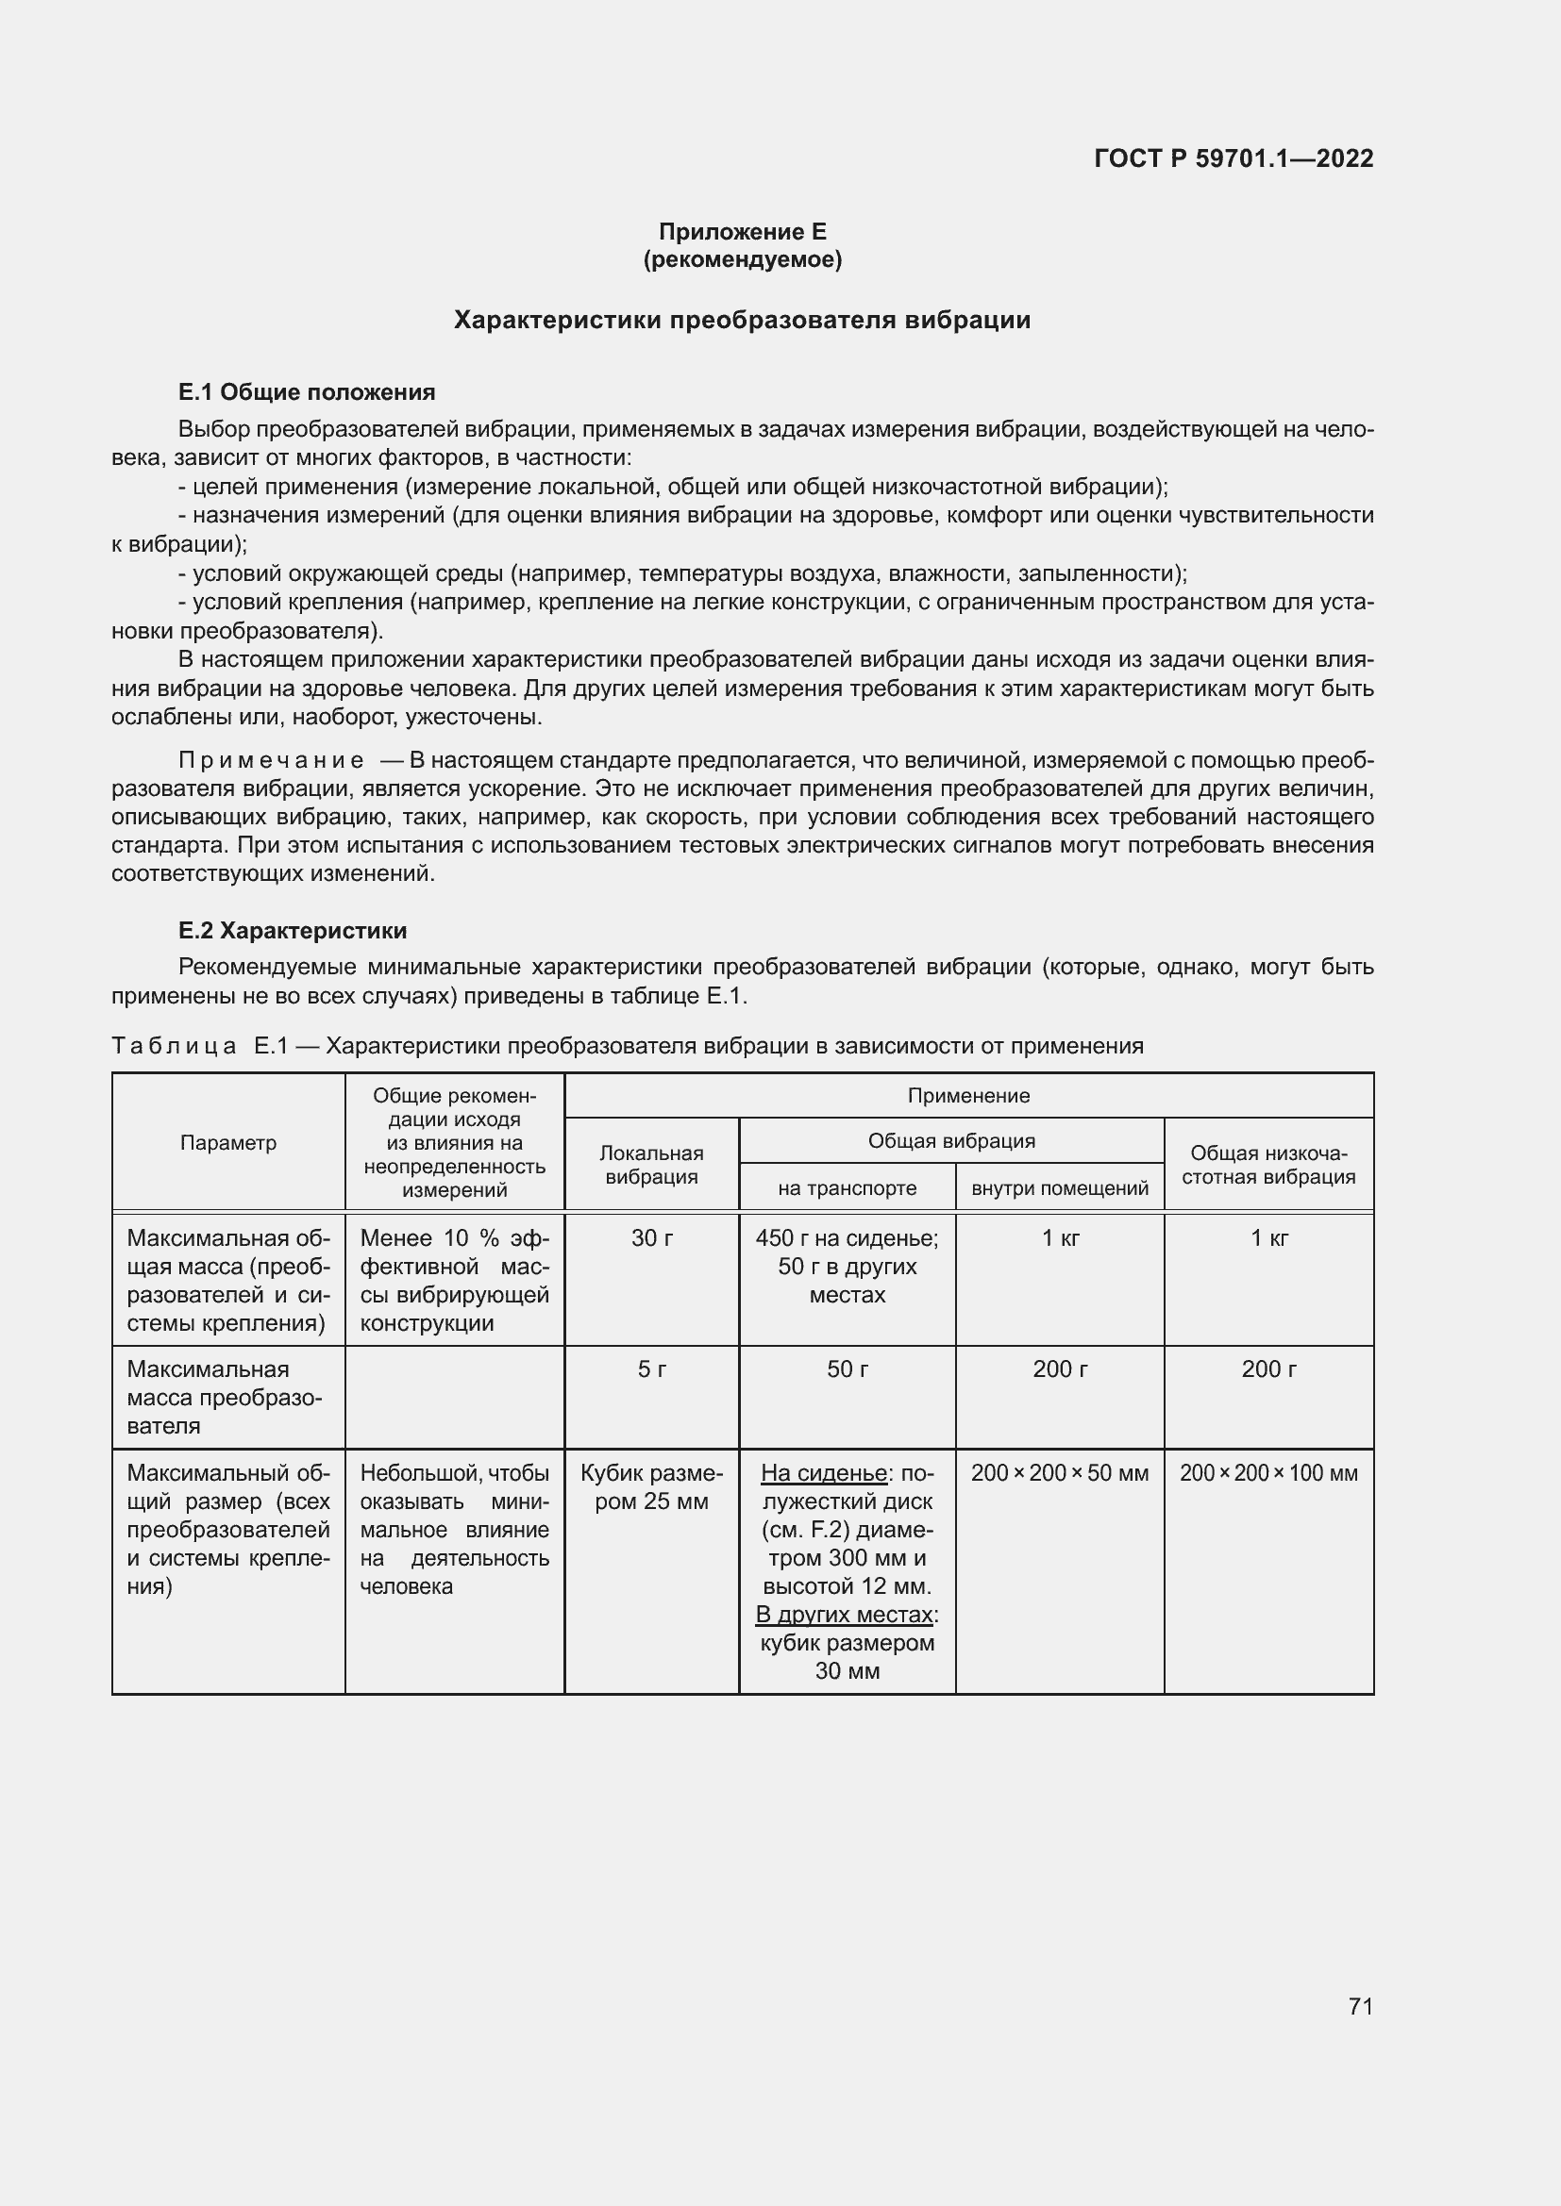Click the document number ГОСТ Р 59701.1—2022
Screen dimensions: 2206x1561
1234,158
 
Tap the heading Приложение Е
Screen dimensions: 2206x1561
742,232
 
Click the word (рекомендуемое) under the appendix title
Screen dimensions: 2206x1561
742,259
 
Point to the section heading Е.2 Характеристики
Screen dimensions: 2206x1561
293,930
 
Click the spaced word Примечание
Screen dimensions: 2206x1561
271,761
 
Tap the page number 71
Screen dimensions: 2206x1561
1360,2006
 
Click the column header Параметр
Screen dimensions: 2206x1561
227,1142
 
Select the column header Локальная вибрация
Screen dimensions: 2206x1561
652,1165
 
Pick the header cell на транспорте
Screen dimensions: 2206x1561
847,1188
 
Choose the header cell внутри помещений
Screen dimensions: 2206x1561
1059,1188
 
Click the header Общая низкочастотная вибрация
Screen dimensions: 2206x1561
1267,1165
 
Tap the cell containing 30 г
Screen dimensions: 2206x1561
652,1238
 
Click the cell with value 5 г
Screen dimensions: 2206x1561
652,1369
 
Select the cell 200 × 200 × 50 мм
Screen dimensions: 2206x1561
1059,1473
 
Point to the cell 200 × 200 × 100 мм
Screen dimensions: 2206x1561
1267,1473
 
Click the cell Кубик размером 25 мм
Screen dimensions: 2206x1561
652,1486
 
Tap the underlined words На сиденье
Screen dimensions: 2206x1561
823,1473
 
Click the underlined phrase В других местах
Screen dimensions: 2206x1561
844,1615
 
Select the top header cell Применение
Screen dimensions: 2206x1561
968,1095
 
